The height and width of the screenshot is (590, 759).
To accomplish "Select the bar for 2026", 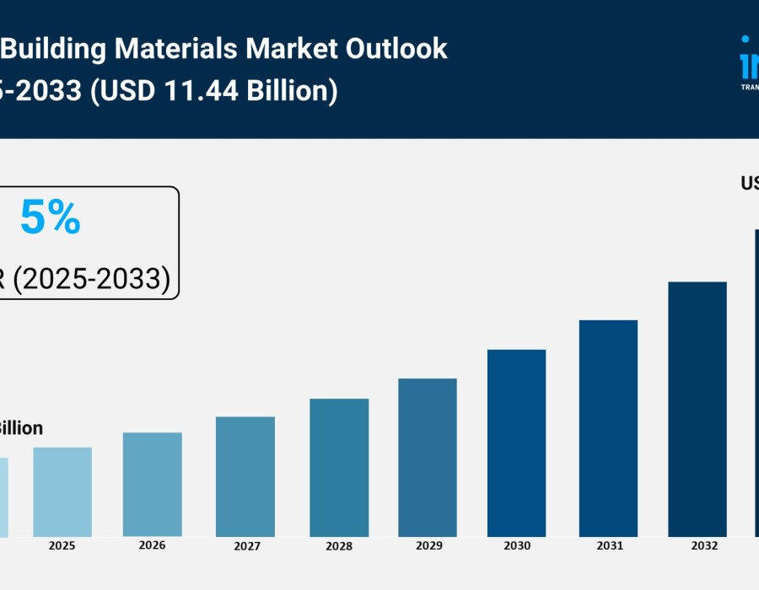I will click(x=153, y=485).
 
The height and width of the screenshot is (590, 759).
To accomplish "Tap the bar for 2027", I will click(x=245, y=476).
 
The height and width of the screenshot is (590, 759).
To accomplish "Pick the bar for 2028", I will click(x=339, y=468).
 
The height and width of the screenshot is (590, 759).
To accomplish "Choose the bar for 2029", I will click(x=428, y=458).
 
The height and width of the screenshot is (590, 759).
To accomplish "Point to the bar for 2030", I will click(x=517, y=442).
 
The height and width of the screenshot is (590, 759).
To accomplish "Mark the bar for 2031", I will click(x=608, y=428).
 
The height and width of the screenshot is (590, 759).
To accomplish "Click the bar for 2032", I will click(x=697, y=409).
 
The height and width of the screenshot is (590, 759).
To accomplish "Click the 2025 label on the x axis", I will click(x=62, y=545).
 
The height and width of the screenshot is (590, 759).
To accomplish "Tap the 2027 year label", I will click(x=246, y=546).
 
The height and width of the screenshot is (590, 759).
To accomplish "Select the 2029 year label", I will click(x=428, y=546).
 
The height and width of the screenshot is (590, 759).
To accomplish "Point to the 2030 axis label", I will click(x=517, y=545).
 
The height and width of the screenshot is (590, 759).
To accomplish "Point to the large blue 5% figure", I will click(x=50, y=218).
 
